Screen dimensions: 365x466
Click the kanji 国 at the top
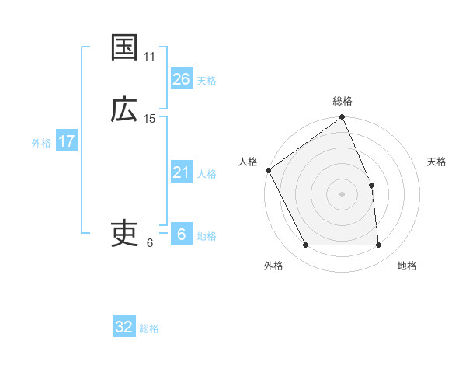(x=124, y=47)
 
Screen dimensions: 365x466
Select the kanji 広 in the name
(x=124, y=109)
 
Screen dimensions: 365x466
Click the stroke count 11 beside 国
(x=149, y=57)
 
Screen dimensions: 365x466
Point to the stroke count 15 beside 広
(x=150, y=119)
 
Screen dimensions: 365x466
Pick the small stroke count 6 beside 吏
(x=150, y=242)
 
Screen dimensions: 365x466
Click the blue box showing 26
(x=181, y=79)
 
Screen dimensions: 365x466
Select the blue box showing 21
(x=181, y=172)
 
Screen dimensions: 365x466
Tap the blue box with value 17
(x=66, y=141)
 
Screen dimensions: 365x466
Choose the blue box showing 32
(x=124, y=327)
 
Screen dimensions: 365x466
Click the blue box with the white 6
(x=181, y=235)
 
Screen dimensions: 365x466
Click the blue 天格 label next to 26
(x=207, y=81)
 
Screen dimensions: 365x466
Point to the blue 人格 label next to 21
(x=207, y=174)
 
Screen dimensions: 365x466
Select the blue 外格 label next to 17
(x=41, y=143)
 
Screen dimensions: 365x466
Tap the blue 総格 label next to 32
(x=149, y=328)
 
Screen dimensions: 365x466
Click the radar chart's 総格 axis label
(x=343, y=101)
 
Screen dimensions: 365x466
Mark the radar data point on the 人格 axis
(x=269, y=170)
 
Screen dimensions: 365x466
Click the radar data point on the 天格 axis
(x=371, y=185)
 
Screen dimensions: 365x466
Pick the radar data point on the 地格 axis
(x=378, y=245)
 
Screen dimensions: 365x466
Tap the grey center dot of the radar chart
(x=343, y=194)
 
